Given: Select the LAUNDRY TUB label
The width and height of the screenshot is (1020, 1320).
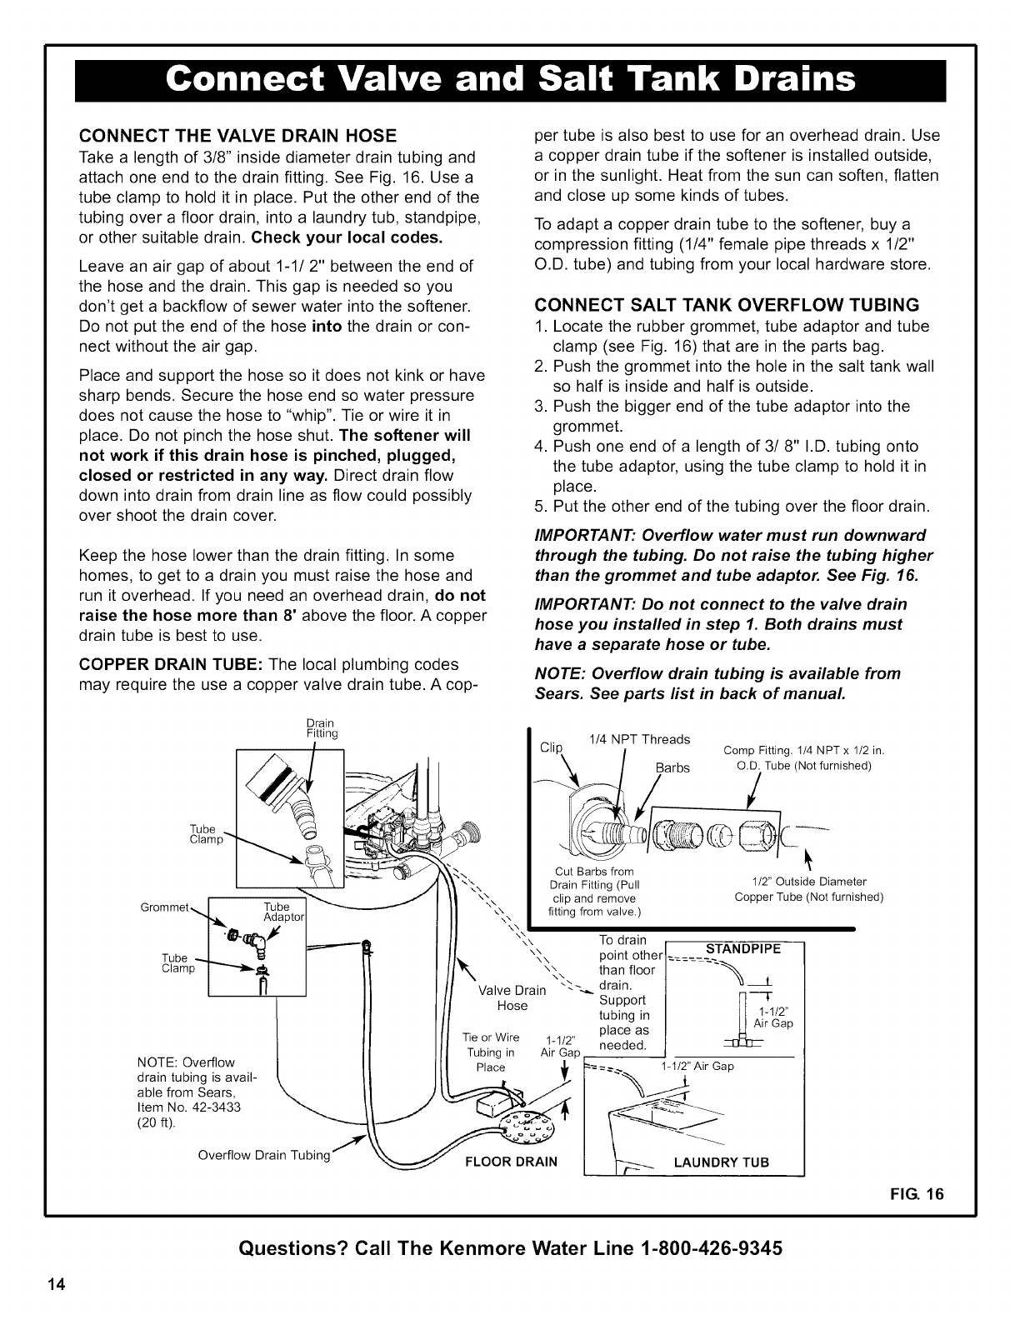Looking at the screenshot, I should (x=722, y=1162).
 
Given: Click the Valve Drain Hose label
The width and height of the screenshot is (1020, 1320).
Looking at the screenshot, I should (x=512, y=998).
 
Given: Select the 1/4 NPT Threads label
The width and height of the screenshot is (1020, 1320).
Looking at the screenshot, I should (x=639, y=739).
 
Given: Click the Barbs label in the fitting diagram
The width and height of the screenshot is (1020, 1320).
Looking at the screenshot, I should (x=672, y=767).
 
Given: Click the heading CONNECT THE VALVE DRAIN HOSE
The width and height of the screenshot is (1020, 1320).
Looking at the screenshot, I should (x=237, y=136).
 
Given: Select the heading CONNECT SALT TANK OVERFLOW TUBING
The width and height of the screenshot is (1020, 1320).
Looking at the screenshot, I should (x=727, y=303).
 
